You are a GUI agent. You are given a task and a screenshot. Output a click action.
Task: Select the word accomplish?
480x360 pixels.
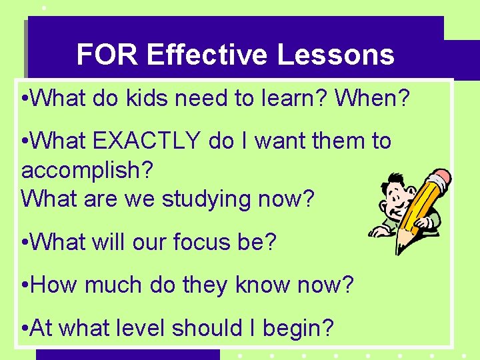coord(87,170)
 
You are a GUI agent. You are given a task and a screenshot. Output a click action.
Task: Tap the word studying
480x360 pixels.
coord(193,199)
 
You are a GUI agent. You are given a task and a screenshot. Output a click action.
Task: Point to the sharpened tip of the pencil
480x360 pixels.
coord(399,253)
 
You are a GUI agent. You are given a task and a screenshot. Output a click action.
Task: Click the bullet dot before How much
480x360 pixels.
coord(25,286)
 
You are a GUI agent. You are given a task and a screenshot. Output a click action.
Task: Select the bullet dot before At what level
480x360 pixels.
coord(25,329)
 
